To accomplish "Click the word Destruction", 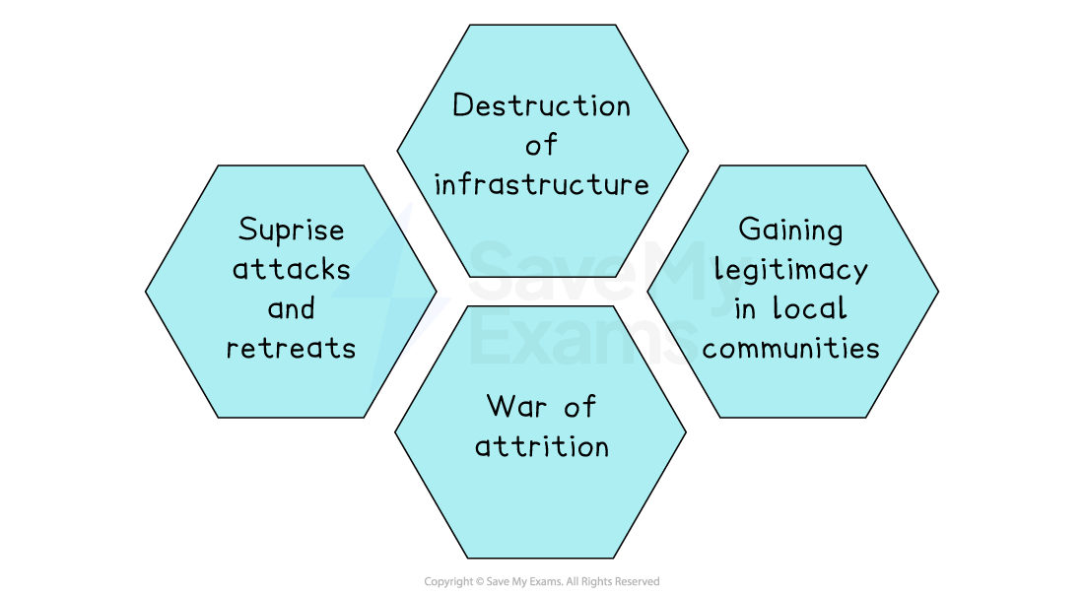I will [x=541, y=105].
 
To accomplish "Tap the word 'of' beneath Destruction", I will [x=541, y=146].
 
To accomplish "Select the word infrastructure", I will [x=541, y=184].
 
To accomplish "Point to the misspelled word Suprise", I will [x=292, y=231].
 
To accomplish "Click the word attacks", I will [x=292, y=269].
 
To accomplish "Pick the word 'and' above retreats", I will [x=291, y=308].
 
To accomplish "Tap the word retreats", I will [x=292, y=348].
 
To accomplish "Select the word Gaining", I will [x=791, y=231].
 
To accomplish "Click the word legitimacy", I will [x=791, y=270].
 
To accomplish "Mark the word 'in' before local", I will [x=745, y=308].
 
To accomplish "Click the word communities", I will [x=791, y=348].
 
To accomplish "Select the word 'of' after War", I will [x=580, y=406].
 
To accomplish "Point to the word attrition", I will [x=541, y=445].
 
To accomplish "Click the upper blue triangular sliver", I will [x=405, y=219].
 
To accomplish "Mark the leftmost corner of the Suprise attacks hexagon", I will [x=148, y=292].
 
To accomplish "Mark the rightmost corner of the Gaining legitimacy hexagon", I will [x=936, y=292].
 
